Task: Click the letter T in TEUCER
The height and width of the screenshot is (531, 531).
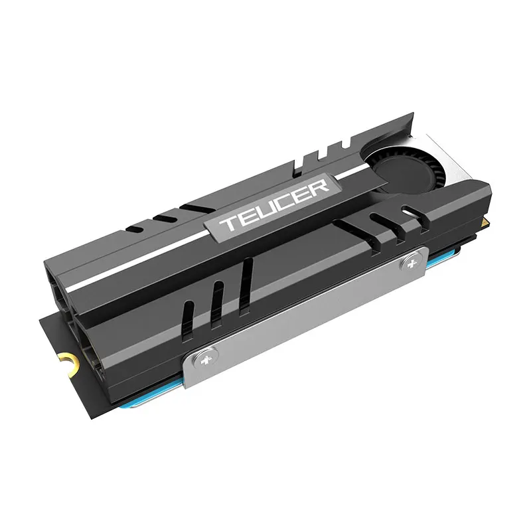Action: [228, 223]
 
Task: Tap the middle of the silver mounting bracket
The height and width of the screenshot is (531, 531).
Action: [309, 312]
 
